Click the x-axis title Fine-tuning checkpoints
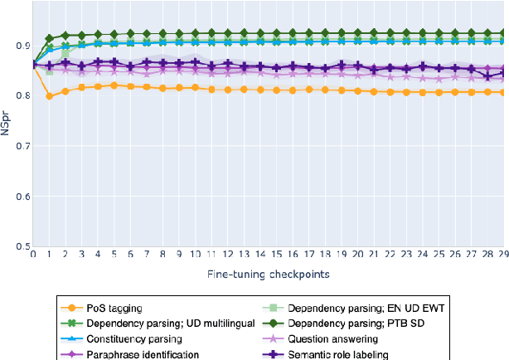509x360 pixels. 269,273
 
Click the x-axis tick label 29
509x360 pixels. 502,255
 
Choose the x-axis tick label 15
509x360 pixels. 276,255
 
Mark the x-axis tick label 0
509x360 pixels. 33,255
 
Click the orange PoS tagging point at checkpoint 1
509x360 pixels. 50,96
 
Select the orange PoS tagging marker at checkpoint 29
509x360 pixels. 502,92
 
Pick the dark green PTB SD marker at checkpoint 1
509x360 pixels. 50,39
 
